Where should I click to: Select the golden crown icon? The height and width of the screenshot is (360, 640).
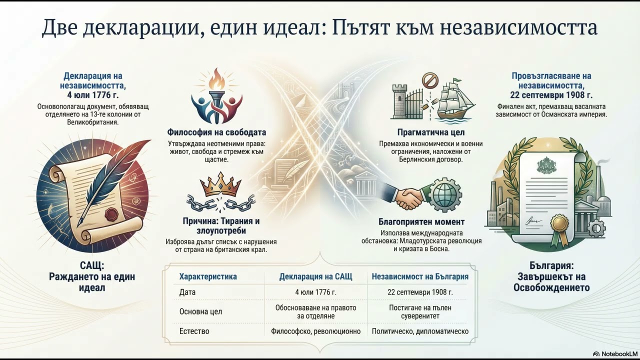(x=220, y=184)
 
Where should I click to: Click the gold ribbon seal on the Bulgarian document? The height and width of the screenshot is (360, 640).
(x=559, y=225)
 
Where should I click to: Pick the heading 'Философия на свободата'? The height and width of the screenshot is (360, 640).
(x=216, y=132)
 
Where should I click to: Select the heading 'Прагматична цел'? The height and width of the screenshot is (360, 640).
(x=430, y=132)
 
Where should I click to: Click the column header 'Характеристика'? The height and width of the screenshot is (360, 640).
(x=208, y=276)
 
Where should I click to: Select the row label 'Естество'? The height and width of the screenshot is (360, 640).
(x=194, y=331)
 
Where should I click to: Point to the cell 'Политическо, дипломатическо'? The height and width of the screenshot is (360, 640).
(x=420, y=331)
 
